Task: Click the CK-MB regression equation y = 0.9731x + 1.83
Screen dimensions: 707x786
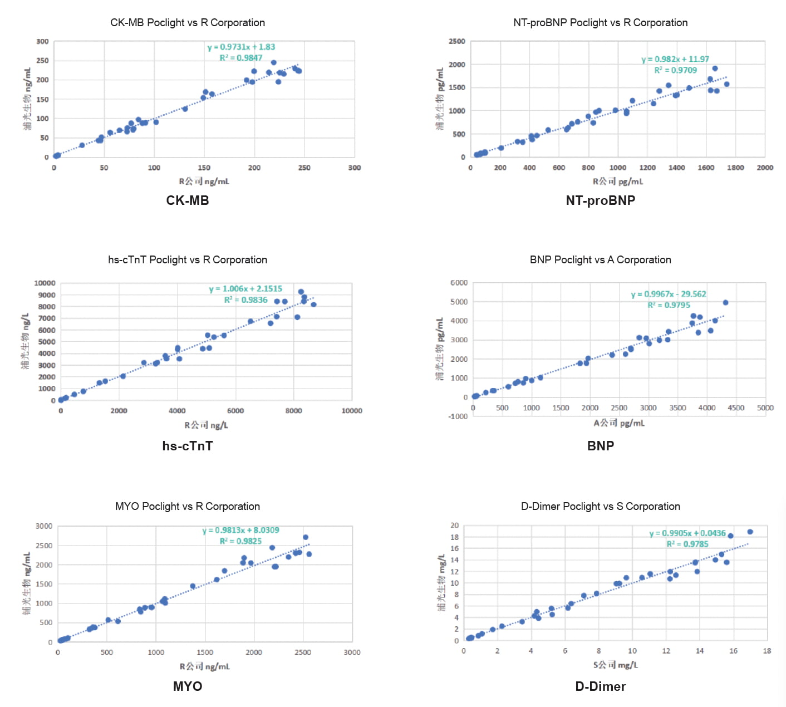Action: coord(241,47)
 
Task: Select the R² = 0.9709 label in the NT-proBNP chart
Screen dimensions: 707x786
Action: coord(675,70)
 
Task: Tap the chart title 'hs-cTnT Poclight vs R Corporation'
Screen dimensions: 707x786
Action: coord(188,260)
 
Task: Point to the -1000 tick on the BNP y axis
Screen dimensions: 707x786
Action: coord(459,416)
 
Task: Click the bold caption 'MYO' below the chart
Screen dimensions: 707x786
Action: coord(188,686)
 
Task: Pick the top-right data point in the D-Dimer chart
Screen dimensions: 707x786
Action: coord(750,532)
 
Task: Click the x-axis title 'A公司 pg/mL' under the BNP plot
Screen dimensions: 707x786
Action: coord(619,423)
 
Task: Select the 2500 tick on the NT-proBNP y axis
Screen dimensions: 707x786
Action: coord(457,42)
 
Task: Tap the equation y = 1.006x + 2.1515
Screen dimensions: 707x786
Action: coord(245,289)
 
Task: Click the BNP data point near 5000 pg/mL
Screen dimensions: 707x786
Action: coord(725,303)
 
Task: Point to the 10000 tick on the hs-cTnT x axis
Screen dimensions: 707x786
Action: coord(351,411)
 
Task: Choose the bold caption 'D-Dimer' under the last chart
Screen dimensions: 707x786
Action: coord(600,686)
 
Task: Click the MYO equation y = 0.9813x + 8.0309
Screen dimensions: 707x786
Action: coord(240,531)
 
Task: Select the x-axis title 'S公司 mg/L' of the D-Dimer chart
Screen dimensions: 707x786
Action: coord(616,665)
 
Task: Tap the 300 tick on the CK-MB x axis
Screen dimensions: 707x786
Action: coord(355,168)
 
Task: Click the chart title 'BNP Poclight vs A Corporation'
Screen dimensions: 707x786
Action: coord(600,260)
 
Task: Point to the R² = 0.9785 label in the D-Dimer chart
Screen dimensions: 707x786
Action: coord(687,544)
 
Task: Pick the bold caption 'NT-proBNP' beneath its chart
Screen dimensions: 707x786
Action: coord(600,200)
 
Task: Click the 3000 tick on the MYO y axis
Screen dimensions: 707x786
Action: coord(44,526)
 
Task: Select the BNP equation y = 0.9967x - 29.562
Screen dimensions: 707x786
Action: coord(668,294)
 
